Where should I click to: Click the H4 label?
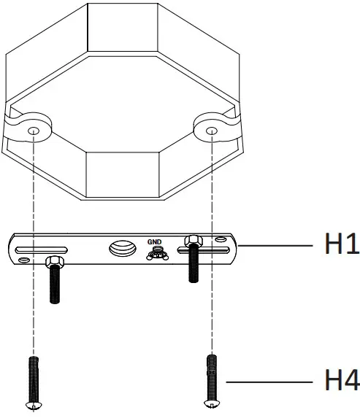[x=341, y=380]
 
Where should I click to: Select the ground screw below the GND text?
[x=154, y=254]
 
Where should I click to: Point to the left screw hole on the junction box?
[x=34, y=129]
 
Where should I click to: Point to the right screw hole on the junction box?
[x=210, y=129]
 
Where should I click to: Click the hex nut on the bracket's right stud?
[x=194, y=240]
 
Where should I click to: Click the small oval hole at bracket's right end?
[x=222, y=239]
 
